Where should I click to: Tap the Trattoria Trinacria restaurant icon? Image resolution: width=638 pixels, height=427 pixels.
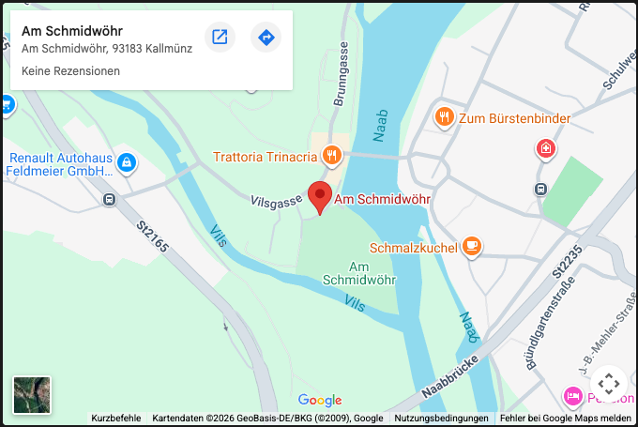(330, 156)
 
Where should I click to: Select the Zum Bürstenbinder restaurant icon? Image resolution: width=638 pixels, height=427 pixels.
(444, 117)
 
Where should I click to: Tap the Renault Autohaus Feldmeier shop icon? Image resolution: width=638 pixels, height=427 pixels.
(127, 164)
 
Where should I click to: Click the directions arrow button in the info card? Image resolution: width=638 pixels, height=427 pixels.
(266, 38)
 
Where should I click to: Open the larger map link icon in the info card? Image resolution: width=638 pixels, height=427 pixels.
(220, 38)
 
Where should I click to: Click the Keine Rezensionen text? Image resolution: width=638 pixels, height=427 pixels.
(70, 71)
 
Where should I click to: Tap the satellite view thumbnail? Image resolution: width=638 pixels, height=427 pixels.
(32, 395)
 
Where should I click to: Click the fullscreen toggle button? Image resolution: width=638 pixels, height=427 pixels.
(608, 383)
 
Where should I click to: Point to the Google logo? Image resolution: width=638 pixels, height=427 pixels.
(320, 401)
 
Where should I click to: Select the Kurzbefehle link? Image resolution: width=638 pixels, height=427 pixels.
(116, 419)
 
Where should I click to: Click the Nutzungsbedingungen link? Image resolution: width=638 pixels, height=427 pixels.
(441, 419)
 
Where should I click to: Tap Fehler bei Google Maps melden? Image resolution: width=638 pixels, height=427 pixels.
(566, 419)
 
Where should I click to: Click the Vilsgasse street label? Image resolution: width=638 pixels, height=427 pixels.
(276, 201)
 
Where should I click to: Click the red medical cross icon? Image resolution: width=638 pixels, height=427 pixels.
(545, 148)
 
